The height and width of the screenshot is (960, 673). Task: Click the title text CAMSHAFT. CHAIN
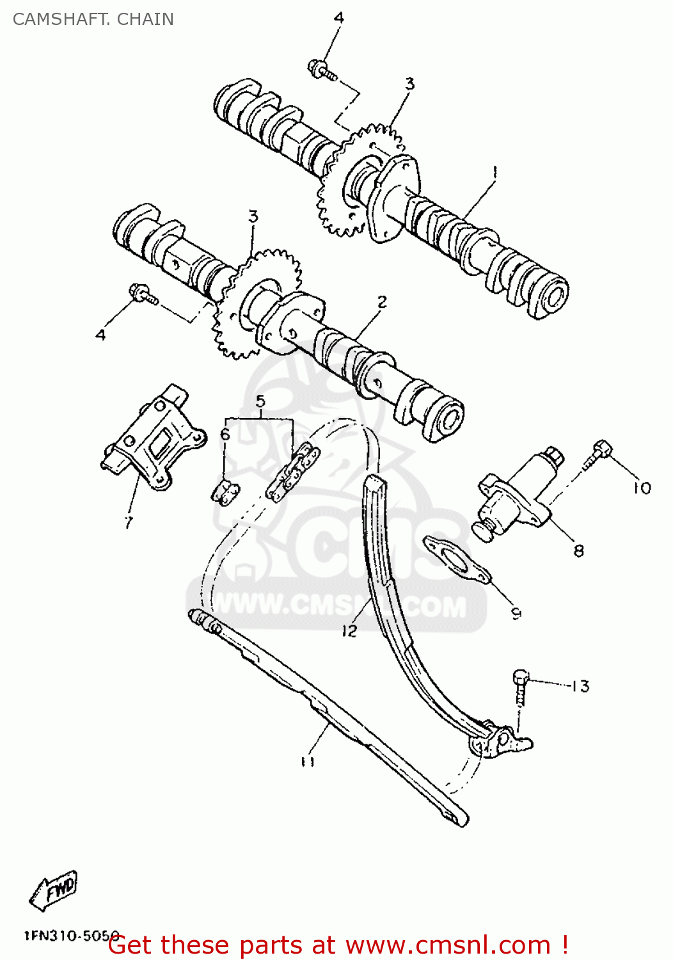click(x=93, y=19)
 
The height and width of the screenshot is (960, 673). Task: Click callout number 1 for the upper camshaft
click(x=494, y=171)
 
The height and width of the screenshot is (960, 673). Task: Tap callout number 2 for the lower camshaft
click(x=382, y=301)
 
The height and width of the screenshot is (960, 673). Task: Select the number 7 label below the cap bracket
click(x=129, y=522)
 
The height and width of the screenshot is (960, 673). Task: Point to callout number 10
click(x=642, y=488)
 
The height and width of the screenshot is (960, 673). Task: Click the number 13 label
click(x=580, y=686)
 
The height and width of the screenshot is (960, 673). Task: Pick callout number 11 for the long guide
click(x=308, y=761)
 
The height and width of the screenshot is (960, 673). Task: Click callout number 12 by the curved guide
click(x=349, y=630)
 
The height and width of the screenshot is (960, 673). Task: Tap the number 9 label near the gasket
click(x=516, y=612)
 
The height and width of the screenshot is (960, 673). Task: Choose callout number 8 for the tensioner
click(x=578, y=550)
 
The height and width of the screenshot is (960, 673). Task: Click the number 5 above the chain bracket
click(x=260, y=401)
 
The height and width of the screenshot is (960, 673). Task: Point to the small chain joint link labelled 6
click(x=225, y=492)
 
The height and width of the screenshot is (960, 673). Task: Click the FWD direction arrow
click(x=54, y=890)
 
